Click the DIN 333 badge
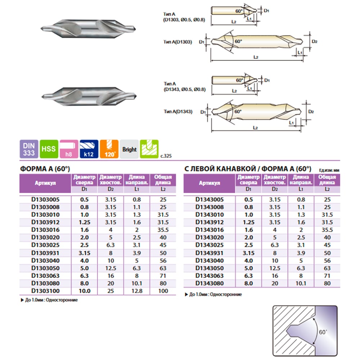[29, 149]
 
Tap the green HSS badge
[49, 149]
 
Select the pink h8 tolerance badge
[69, 149]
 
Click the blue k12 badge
[89, 149]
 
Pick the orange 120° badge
[109, 149]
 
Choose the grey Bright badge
[129, 149]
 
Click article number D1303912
[45, 222]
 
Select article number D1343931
[210, 253]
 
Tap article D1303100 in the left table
[45, 291]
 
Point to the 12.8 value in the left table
[137, 291]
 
